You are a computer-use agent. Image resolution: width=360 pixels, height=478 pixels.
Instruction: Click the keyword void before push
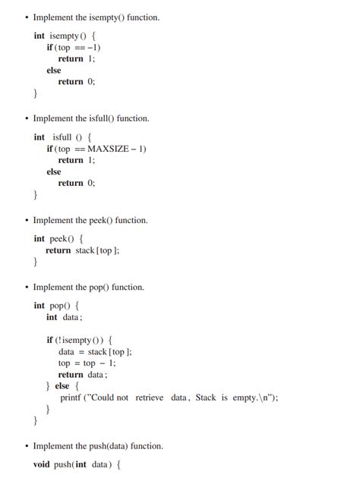coord(43,464)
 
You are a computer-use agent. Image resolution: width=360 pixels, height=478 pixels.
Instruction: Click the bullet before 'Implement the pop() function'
coord(27,288)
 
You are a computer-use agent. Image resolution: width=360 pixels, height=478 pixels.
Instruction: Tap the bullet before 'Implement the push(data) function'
coord(27,446)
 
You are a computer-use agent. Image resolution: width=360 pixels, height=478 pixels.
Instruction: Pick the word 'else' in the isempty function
coord(54,70)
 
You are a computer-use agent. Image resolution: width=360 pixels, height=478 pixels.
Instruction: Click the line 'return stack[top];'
coord(82,250)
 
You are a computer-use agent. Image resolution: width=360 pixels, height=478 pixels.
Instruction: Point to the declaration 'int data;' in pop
coord(64,317)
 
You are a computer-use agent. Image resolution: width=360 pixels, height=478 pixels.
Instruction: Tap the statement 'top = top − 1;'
coord(87,363)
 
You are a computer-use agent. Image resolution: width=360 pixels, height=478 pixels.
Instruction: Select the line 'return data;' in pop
coord(83,374)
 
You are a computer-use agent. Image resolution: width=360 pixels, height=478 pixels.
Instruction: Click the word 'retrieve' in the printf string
coord(150,397)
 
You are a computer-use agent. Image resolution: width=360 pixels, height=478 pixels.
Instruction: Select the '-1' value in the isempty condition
coord(93,47)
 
